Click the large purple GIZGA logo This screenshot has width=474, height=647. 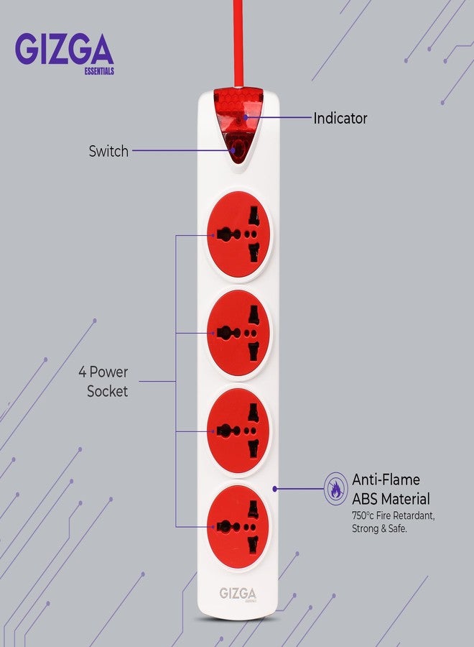tap(65, 49)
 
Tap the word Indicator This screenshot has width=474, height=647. tap(340, 119)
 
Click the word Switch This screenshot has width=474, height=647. tap(108, 151)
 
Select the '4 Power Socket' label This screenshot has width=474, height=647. tap(103, 382)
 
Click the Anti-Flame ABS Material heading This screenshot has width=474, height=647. tap(391, 489)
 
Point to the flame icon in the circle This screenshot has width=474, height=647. tap(335, 489)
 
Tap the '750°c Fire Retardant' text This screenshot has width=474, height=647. tap(394, 515)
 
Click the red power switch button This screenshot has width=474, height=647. tap(238, 149)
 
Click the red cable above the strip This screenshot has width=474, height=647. tap(238, 43)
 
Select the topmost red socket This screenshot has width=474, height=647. tap(238, 234)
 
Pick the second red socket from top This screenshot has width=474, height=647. tap(238, 333)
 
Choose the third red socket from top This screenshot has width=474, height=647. tap(238, 431)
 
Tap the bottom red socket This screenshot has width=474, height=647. tap(238, 527)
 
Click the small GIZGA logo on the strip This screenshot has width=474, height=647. tap(238, 594)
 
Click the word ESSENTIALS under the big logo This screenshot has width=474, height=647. tap(99, 71)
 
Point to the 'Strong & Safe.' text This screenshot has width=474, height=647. tap(379, 528)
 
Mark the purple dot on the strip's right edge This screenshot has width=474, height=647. tap(275, 489)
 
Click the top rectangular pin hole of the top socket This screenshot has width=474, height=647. tap(254, 216)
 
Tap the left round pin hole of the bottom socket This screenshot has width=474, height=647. tap(223, 526)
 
